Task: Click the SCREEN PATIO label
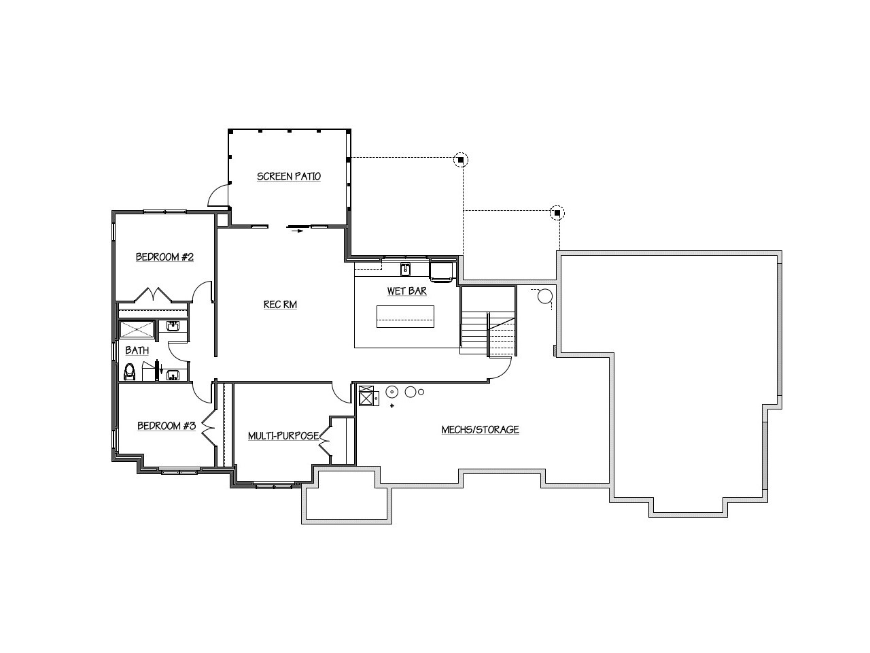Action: [x=289, y=176]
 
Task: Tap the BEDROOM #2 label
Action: [x=164, y=257]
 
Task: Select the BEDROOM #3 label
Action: [x=167, y=426]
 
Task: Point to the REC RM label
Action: [x=280, y=305]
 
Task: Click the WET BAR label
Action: [x=406, y=291]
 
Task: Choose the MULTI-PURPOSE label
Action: [x=283, y=436]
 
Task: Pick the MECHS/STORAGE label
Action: [x=480, y=430]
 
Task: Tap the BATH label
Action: [x=137, y=350]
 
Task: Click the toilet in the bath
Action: [x=130, y=372]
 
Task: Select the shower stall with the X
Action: [x=137, y=329]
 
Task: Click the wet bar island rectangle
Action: [x=405, y=316]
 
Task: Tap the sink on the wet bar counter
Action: [x=405, y=269]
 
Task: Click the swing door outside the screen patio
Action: [x=218, y=197]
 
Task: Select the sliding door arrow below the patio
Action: [x=297, y=231]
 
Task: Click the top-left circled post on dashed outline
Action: [x=461, y=160]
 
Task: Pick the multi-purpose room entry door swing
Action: [x=341, y=393]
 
